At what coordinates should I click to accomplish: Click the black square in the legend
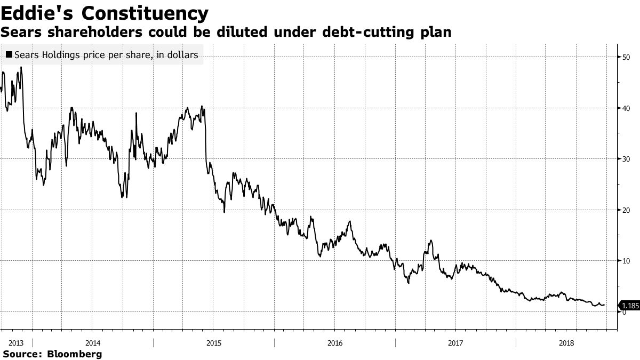point(9,54)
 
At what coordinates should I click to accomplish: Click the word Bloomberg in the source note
point(75,354)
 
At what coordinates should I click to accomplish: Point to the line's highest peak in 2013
point(21,67)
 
